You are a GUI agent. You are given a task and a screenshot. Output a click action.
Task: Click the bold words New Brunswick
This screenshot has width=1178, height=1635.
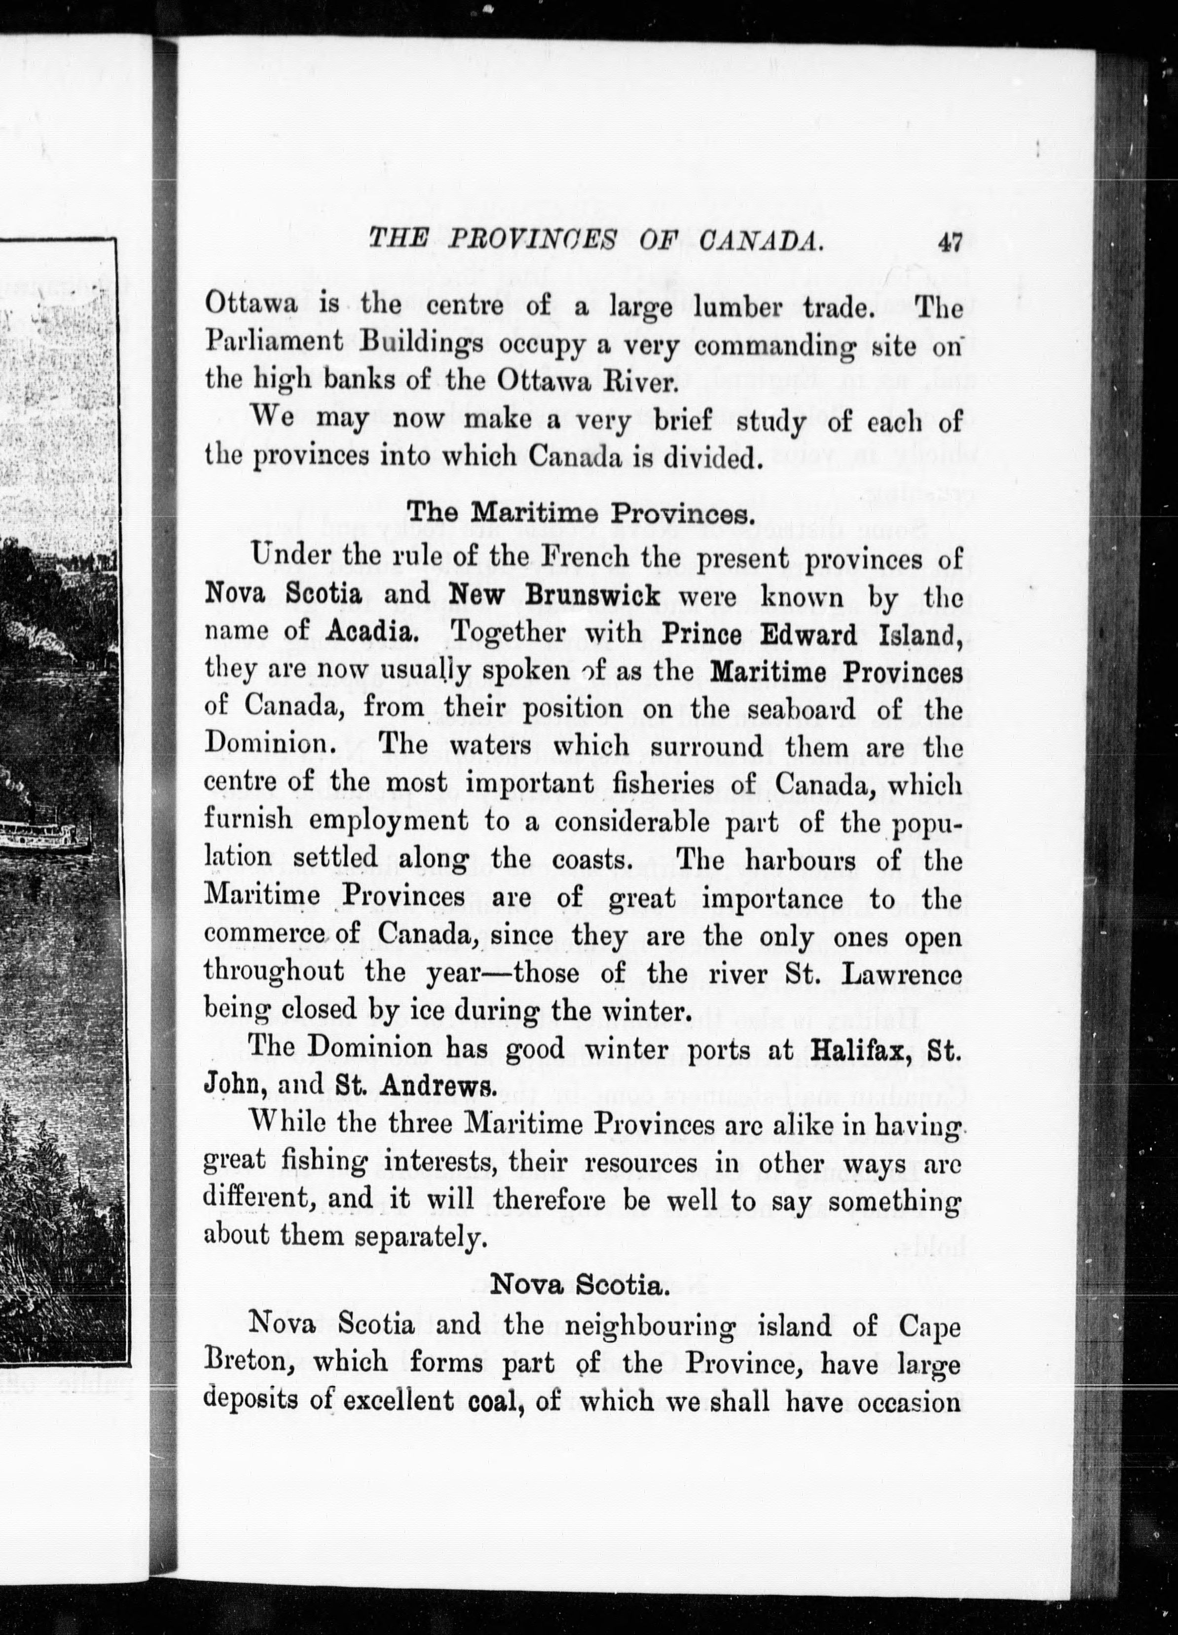click(554, 595)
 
